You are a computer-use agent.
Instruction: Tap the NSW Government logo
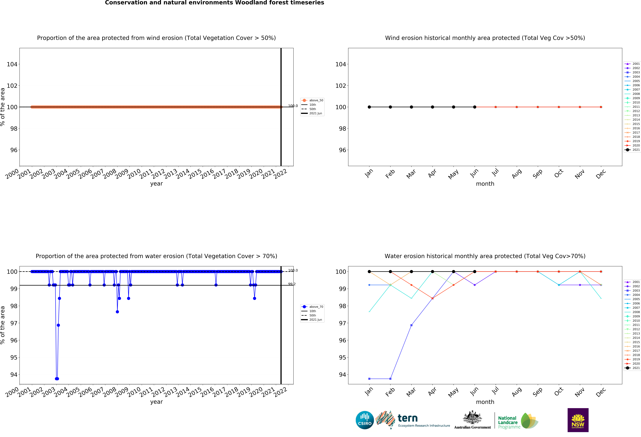(578, 420)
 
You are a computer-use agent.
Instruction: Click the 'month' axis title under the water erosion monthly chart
(485, 402)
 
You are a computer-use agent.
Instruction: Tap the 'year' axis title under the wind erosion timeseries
(156, 184)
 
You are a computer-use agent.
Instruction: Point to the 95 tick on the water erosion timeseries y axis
(14, 358)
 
